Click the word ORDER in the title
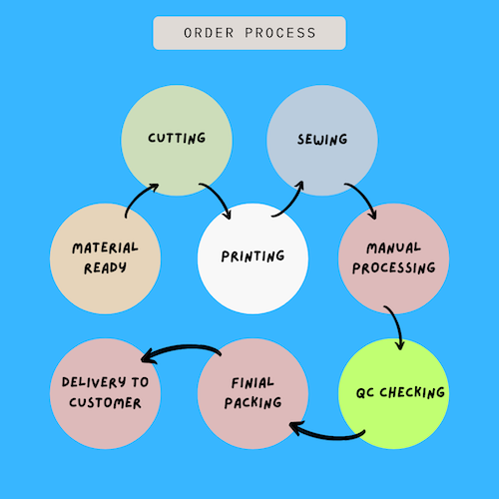(x=209, y=33)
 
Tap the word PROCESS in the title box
(x=280, y=33)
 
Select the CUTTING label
(x=177, y=138)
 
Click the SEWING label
(x=322, y=140)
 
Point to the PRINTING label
(x=252, y=256)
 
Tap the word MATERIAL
(x=105, y=248)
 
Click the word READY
(x=105, y=268)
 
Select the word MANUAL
(x=393, y=248)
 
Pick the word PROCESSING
(x=394, y=268)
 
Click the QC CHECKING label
(x=400, y=393)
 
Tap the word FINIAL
(x=252, y=383)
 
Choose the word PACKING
(x=252, y=403)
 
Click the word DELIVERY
(x=94, y=382)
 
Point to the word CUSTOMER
(x=105, y=403)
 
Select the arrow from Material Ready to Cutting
(x=138, y=196)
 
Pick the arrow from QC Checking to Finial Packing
(x=326, y=436)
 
